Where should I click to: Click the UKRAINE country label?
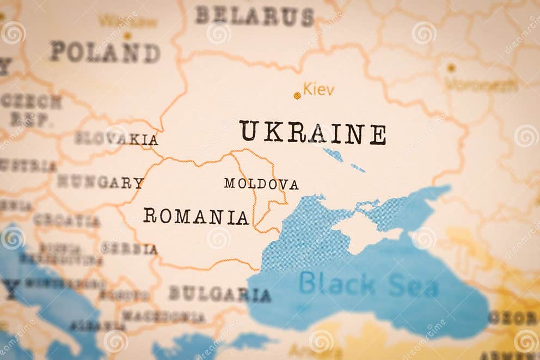[312, 132]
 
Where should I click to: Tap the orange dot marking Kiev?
[297, 95]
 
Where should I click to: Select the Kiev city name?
[318, 89]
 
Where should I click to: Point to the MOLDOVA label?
[261, 184]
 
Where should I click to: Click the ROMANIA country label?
[196, 216]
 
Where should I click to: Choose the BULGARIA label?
[219, 294]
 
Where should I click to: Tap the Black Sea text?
[369, 284]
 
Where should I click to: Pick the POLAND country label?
[105, 52]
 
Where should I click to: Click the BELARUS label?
[255, 16]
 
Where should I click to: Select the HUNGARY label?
[101, 182]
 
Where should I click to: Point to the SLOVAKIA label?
[116, 139]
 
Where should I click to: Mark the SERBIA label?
[129, 248]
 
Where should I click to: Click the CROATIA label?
[66, 221]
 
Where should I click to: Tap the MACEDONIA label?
[163, 316]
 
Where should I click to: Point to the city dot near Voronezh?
[451, 68]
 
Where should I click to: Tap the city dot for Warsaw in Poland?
[127, 36]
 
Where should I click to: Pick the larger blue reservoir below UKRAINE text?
[333, 155]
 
